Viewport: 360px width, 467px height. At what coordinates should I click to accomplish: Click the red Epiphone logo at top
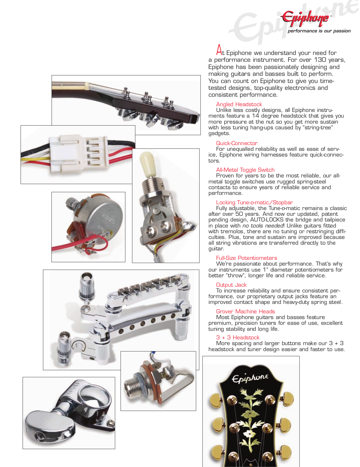point(305,18)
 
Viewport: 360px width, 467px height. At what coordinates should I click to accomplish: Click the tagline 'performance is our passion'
point(319,31)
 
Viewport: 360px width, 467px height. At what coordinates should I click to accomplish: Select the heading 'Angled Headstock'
point(239,104)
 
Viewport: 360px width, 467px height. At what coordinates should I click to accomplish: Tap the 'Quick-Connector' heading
point(237,143)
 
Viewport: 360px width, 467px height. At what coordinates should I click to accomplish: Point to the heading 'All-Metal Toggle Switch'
point(245,170)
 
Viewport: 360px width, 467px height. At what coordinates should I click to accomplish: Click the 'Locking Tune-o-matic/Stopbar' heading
point(254,202)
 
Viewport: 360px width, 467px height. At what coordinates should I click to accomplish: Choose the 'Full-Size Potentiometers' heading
point(247,258)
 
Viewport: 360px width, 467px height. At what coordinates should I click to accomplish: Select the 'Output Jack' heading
point(231,285)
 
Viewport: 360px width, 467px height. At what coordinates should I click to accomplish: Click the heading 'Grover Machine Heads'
point(245,311)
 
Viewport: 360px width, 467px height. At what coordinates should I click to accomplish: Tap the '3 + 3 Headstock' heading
point(238,338)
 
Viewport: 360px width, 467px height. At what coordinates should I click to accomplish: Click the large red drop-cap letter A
point(219,50)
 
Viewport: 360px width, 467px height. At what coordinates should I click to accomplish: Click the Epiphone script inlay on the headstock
point(250,378)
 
